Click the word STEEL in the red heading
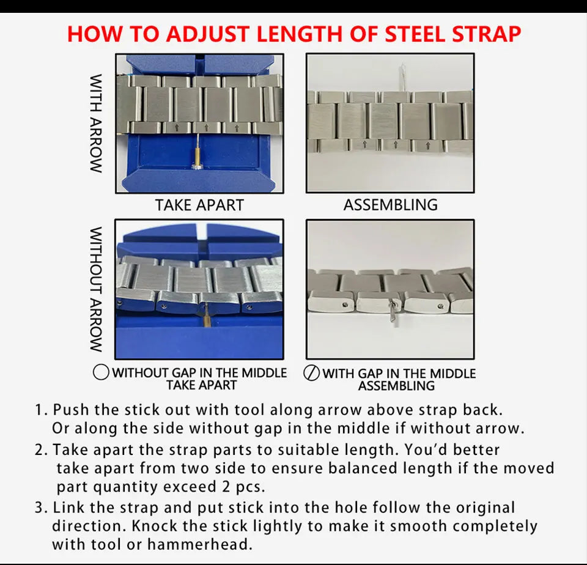tap(415, 34)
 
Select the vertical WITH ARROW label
tap(96, 123)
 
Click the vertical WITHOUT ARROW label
tap(96, 289)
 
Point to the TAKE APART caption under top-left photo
tap(199, 205)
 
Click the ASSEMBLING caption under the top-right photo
tap(391, 205)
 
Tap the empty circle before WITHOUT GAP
tap(101, 372)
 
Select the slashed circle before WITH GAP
tap(311, 373)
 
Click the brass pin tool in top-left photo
tap(197, 151)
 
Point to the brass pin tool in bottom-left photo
tap(206, 316)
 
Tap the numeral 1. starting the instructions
tap(41, 410)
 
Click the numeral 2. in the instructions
tap(41, 449)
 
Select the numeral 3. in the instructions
tap(41, 508)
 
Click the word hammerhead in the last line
tap(200, 544)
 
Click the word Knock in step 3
tap(155, 526)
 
